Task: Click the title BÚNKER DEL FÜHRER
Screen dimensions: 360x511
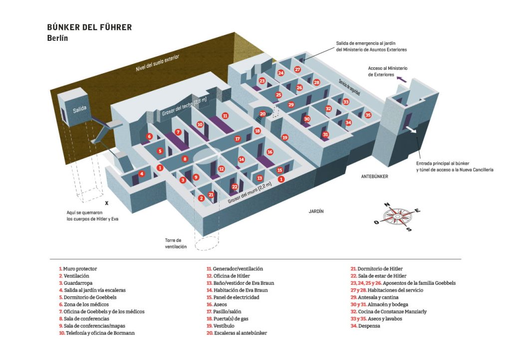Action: [89, 27]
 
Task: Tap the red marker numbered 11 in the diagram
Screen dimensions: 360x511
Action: [225, 116]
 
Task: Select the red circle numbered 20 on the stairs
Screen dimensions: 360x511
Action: [262, 114]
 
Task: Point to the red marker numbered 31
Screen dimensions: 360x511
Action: [325, 135]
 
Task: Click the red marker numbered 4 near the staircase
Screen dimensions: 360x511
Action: [142, 174]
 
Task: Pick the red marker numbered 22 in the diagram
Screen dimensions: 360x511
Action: [235, 186]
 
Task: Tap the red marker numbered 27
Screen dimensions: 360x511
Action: [297, 70]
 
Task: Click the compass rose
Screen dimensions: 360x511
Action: [398, 216]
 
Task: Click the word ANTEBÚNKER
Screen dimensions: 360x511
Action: [375, 176]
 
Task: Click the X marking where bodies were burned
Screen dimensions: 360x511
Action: [106, 203]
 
